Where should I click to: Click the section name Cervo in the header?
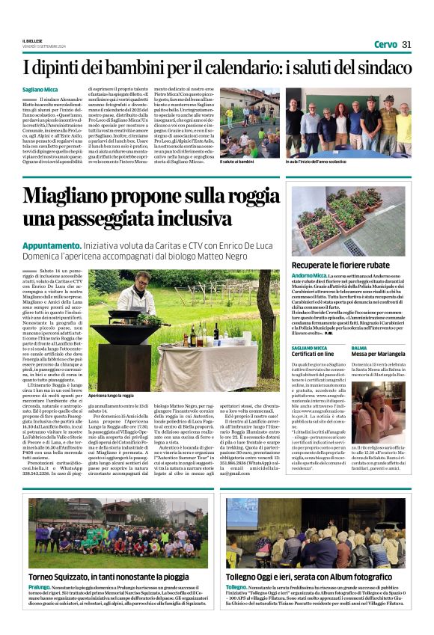tap(385, 44)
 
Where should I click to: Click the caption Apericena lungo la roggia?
tap(112, 394)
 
